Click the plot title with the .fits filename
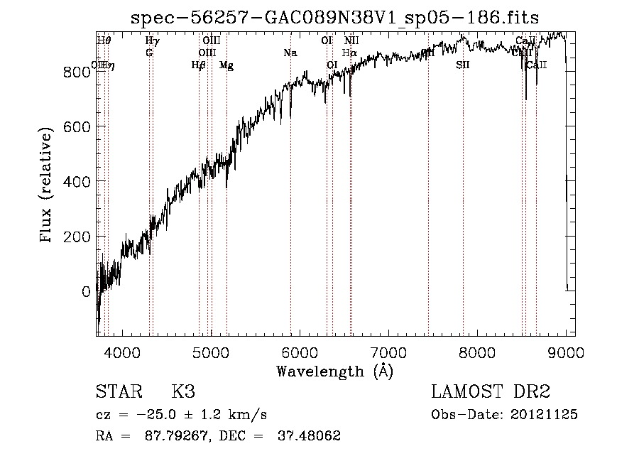pos(335,18)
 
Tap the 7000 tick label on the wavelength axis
pos(388,352)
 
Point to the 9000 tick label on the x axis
pos(566,352)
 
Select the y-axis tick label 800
pos(77,72)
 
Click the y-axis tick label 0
pos(87,291)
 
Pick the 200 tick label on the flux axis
pos(77,237)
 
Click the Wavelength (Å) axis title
pos(334,371)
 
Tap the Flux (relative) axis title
pos(48,186)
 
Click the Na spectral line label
pos(290,53)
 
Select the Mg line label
pos(226,65)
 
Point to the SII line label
pos(463,65)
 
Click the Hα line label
pos(349,53)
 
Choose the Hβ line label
pos(199,65)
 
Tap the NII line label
pos(351,40)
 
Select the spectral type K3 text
pos(183,392)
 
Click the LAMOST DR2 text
pos(491,392)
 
